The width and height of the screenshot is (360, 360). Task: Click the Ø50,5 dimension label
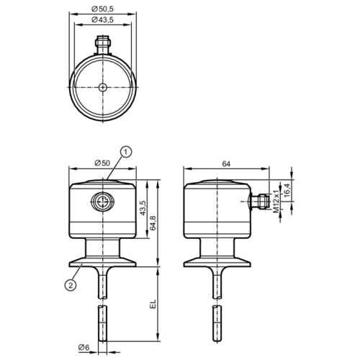103,9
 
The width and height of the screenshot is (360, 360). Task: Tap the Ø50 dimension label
102,163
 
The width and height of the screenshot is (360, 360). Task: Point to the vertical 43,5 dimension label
143,207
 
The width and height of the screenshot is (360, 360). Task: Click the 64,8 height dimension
152,223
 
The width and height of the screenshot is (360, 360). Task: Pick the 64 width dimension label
227,163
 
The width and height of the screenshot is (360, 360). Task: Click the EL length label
152,304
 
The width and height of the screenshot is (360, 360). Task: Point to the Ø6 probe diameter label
84,348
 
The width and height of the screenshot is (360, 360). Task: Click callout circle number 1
125,151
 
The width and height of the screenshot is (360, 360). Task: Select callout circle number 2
70,285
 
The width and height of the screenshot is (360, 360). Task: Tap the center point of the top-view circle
103,86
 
